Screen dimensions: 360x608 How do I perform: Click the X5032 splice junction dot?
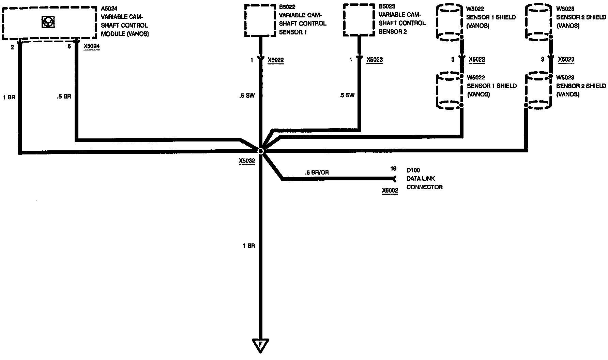point(260,151)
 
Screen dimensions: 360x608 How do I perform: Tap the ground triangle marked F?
point(260,345)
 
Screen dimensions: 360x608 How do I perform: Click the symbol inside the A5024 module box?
point(47,22)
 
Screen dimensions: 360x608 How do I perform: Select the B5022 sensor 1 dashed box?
point(260,20)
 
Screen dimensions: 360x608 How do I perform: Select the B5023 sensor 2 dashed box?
point(359,19)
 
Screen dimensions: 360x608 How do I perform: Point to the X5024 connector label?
point(92,46)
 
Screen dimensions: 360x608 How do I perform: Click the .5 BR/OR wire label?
point(317,172)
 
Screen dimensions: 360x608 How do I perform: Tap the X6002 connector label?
point(390,191)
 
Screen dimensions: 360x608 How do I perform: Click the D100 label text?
point(413,170)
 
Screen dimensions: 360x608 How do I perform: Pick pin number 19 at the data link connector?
point(393,169)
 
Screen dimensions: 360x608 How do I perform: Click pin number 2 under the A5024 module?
point(12,47)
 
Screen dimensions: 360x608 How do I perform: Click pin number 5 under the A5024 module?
point(69,46)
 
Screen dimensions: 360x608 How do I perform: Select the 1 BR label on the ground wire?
point(249,246)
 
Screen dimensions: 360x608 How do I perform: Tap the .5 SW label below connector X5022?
point(247,96)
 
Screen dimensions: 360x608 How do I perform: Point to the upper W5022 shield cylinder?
point(449,22)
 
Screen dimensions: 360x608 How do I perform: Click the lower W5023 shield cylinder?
point(538,90)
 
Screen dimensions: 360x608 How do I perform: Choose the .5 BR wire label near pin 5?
point(64,96)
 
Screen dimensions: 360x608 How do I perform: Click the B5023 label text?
point(387,6)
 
